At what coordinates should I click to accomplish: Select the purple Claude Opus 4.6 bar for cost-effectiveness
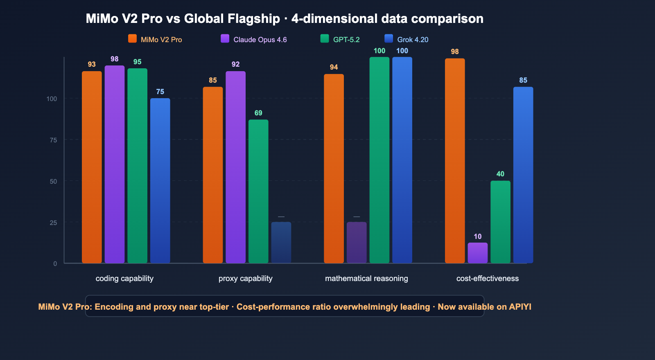[478, 253]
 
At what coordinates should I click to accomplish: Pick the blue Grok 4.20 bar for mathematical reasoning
[402, 160]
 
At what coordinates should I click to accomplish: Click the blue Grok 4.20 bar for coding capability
[160, 180]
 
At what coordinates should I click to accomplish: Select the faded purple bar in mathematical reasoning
[357, 242]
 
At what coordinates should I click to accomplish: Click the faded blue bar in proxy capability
[281, 242]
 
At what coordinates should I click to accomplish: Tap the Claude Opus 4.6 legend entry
[260, 40]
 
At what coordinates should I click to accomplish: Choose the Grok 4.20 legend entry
[412, 40]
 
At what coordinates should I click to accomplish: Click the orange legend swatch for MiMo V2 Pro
[132, 39]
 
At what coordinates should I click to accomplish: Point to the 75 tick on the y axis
[53, 140]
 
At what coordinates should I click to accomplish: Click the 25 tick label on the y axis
[53, 223]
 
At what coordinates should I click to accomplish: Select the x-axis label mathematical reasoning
[366, 279]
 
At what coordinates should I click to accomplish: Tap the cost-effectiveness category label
[487, 279]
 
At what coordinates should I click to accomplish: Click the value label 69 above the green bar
[258, 113]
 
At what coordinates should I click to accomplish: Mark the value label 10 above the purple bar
[477, 236]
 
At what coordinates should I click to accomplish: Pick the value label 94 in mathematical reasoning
[334, 67]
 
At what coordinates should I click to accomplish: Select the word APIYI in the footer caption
[520, 307]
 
